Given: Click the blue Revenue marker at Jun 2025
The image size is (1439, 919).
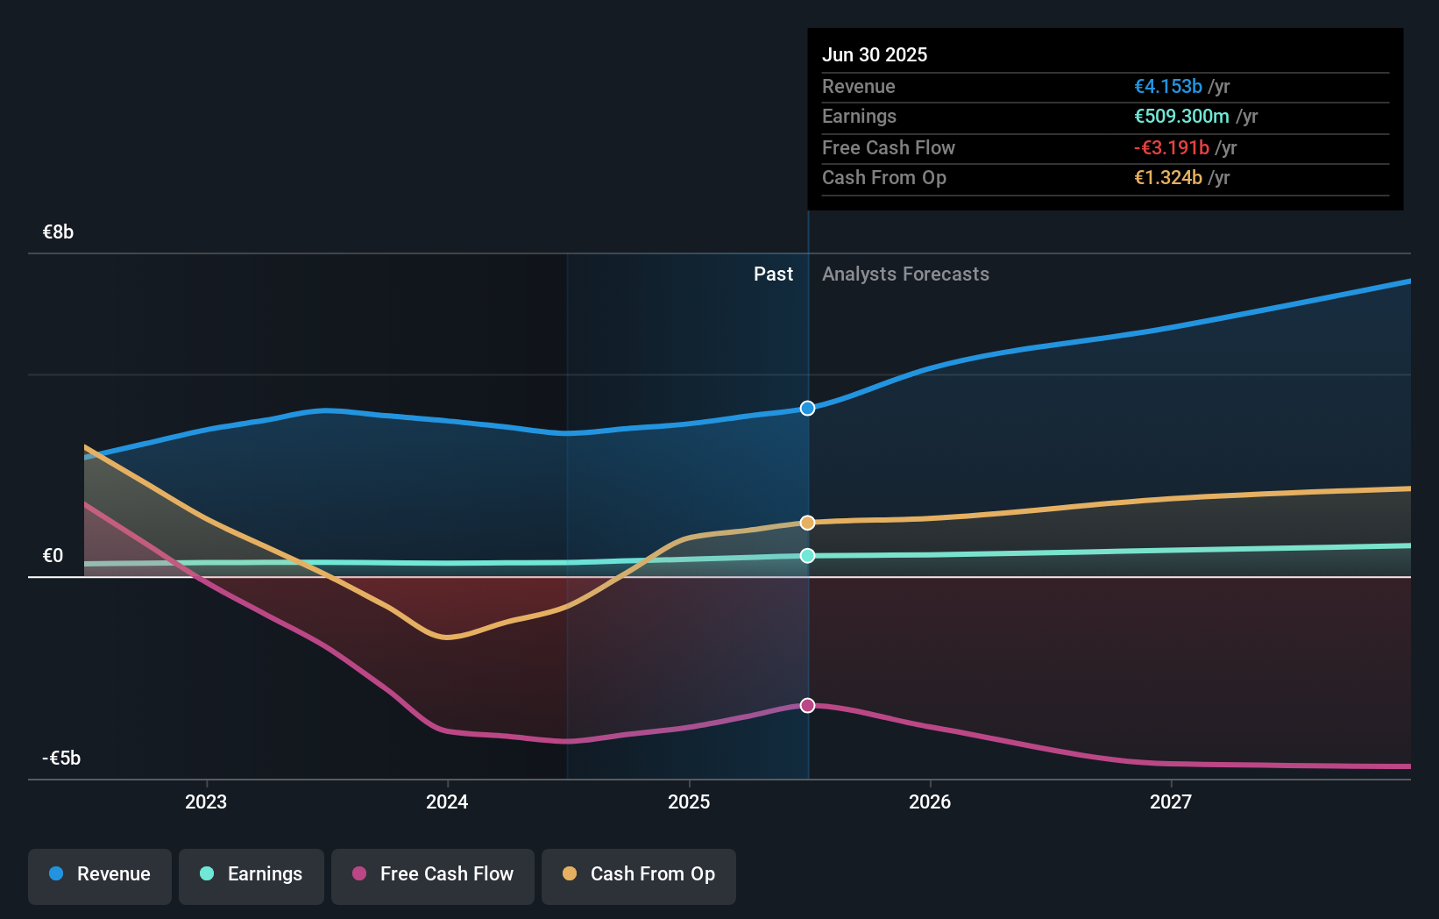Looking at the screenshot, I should (807, 409).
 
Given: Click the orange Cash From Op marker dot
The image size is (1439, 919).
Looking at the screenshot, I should (807, 523).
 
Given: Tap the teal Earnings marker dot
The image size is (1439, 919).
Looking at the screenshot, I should (807, 556).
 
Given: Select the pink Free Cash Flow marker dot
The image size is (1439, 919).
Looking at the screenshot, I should (807, 706).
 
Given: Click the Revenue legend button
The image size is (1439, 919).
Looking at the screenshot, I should (100, 874).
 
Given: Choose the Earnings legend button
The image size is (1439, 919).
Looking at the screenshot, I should (252, 874).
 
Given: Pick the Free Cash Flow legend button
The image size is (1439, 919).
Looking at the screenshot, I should (433, 874).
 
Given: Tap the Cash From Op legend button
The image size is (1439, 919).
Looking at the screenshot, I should (639, 874).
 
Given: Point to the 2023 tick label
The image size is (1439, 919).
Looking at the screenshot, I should (206, 802).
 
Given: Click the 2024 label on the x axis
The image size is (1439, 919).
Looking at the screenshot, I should (447, 802).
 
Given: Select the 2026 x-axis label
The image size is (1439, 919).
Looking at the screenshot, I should (930, 802).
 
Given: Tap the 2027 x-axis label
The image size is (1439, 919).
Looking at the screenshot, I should (1171, 802).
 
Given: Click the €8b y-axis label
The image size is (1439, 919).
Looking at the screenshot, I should (58, 232).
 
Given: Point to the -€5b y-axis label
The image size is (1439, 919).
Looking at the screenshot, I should (61, 759).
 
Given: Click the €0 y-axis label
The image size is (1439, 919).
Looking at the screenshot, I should (53, 556).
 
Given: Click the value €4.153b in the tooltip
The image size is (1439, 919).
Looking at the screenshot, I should (1167, 87).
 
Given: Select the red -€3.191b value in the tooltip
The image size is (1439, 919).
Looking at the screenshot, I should (1171, 148).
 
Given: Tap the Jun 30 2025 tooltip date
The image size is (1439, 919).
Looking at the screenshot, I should (874, 55).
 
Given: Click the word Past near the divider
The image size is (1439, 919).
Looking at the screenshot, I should (773, 274).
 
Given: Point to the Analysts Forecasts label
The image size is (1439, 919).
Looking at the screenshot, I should (905, 274).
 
